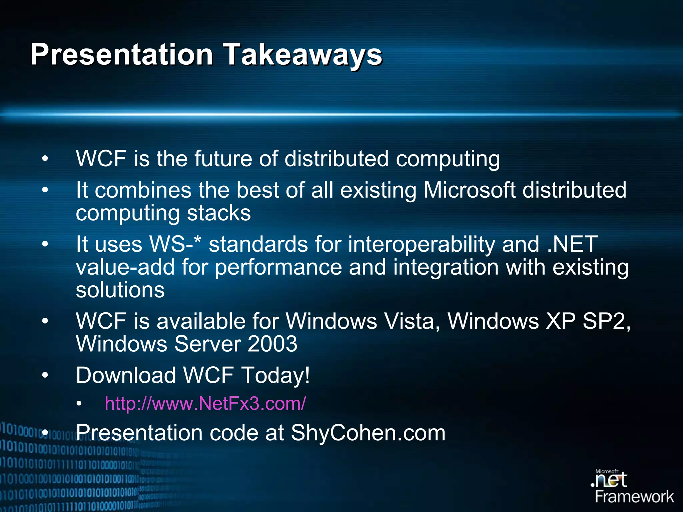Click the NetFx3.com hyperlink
tap(205, 403)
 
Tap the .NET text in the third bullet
tap(572, 244)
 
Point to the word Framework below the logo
tap(634, 497)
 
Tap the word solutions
tap(120, 290)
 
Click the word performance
tap(278, 268)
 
